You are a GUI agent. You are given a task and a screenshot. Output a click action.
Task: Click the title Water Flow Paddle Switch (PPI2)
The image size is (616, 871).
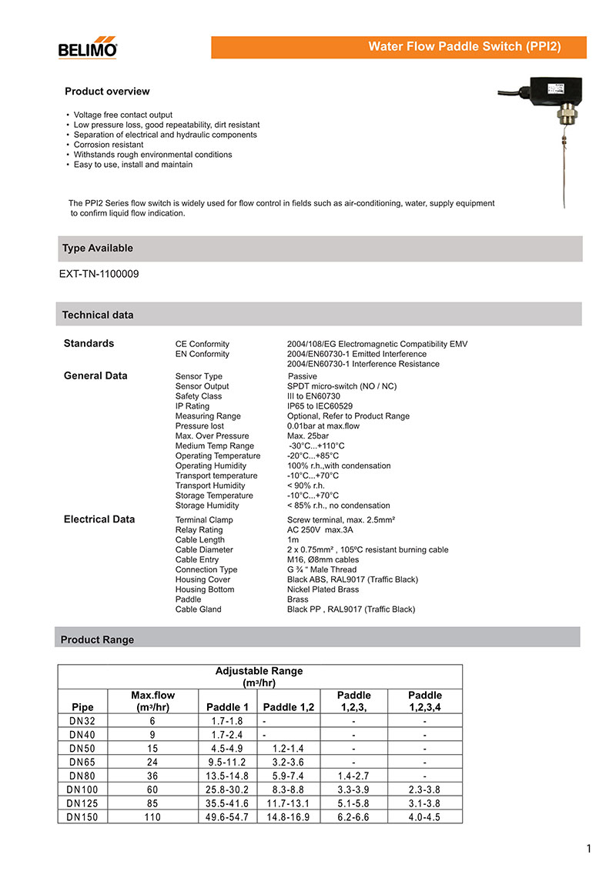pos(464,47)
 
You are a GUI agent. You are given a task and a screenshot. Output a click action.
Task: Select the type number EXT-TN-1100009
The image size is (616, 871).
pos(99,273)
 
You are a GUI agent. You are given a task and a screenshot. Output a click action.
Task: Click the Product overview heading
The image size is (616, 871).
pos(107,92)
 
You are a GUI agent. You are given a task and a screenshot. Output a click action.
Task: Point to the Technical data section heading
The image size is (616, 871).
pos(98,315)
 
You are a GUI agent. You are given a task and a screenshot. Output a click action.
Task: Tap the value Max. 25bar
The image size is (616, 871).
pos(308,436)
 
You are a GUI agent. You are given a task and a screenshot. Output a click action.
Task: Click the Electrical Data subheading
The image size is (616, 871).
pos(99,519)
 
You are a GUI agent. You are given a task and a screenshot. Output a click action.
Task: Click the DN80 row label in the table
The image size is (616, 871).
pos(82,776)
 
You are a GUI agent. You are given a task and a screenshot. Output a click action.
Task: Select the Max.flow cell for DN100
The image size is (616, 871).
pos(152,789)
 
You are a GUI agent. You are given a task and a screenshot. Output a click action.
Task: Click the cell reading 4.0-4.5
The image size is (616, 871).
pos(424,817)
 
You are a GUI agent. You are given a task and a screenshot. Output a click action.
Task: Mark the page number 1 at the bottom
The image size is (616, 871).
pos(589,849)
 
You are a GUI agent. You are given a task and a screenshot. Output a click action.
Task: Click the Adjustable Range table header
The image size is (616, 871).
pos(259,676)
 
